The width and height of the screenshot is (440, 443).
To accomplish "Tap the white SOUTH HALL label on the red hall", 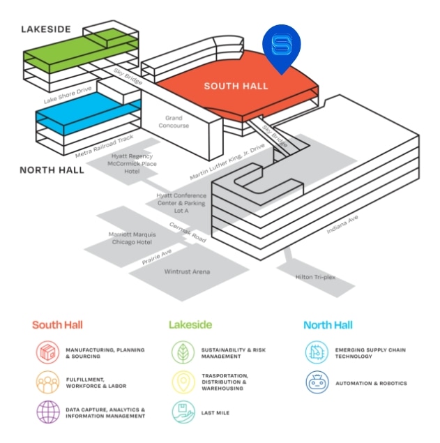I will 236,87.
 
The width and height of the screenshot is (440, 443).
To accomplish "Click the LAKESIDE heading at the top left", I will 46,29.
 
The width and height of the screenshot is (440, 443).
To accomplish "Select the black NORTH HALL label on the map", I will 52,170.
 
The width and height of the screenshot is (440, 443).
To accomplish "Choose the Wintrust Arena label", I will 188,271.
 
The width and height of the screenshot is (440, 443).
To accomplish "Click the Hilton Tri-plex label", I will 315,277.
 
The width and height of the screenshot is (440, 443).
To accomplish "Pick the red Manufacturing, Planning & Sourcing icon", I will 47,353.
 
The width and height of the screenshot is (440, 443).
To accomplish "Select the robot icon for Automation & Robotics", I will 316,383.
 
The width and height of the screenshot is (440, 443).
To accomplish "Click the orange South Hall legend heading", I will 57,325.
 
